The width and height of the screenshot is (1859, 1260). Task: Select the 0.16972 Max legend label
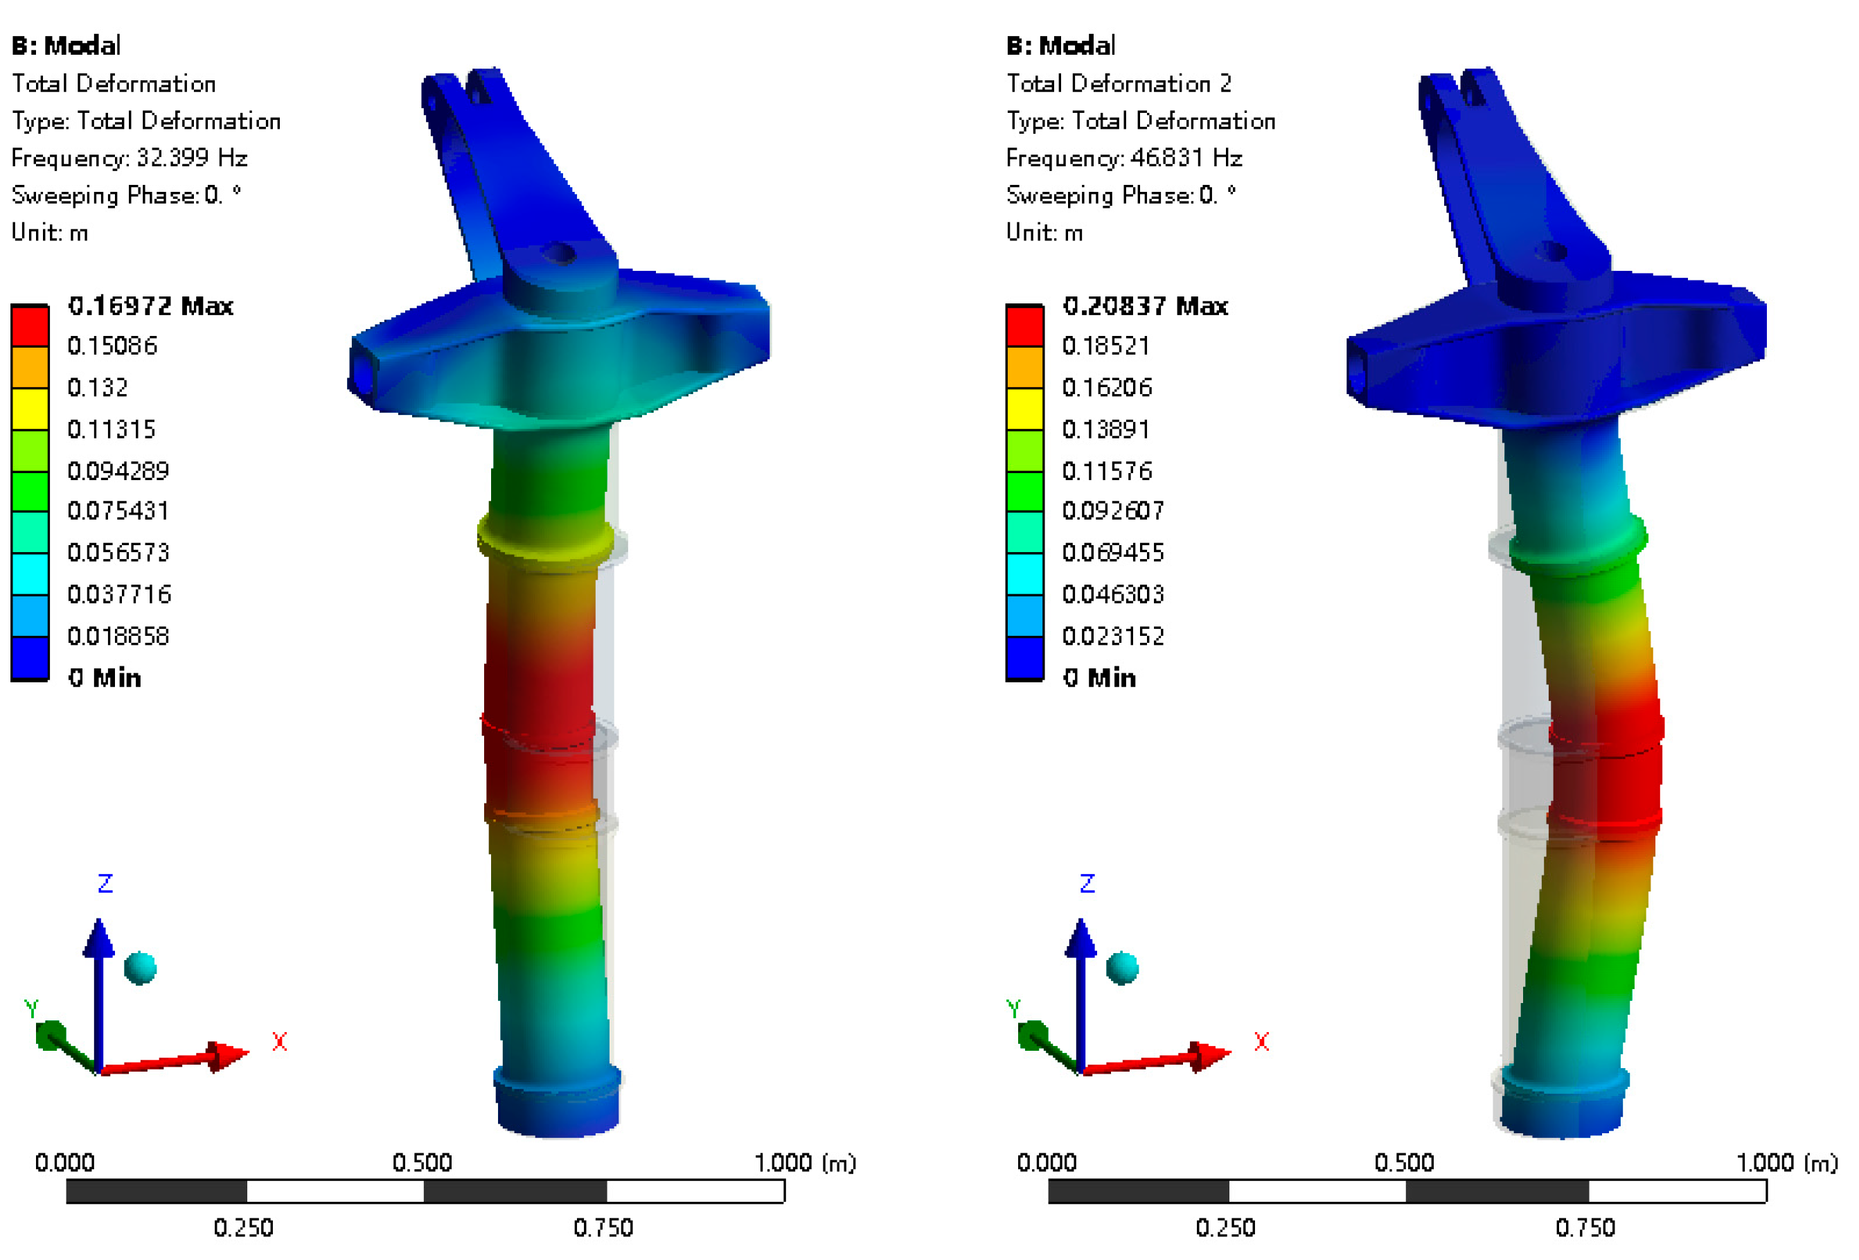[x=150, y=305]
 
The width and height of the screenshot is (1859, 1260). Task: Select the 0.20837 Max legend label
[x=1146, y=305]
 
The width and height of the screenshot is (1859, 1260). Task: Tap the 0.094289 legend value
[x=118, y=470]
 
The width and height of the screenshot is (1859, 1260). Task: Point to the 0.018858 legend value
[x=118, y=636]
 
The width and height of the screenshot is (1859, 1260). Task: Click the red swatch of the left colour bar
[x=30, y=326]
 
